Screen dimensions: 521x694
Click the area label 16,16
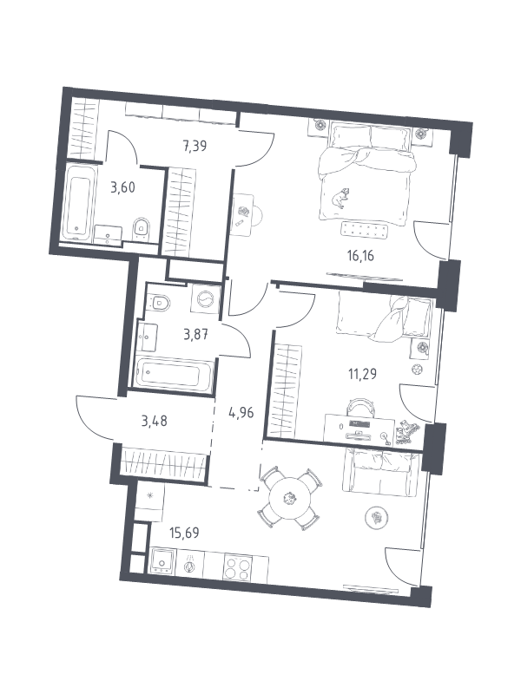pyautogui.click(x=360, y=256)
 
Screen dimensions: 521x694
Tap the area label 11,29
pyautogui.click(x=362, y=375)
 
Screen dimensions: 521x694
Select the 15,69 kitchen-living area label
pyautogui.click(x=184, y=533)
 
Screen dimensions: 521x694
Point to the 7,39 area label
pyautogui.click(x=195, y=146)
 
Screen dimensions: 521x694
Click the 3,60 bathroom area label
pyautogui.click(x=122, y=187)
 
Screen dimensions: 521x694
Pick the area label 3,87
pyautogui.click(x=196, y=334)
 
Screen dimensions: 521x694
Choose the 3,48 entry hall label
pyautogui.click(x=155, y=421)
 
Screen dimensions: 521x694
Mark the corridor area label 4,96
pyautogui.click(x=241, y=413)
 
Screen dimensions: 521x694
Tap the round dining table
pyautogui.click(x=290, y=498)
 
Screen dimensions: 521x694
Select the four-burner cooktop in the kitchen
pyautogui.click(x=238, y=567)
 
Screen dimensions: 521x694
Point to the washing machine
pyautogui.click(x=205, y=299)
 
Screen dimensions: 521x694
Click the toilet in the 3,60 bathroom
pyautogui.click(x=141, y=228)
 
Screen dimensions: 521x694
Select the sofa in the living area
pyautogui.click(x=381, y=471)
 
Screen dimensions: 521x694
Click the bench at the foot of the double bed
pyautogui.click(x=365, y=230)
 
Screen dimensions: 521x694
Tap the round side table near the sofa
pyautogui.click(x=377, y=517)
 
